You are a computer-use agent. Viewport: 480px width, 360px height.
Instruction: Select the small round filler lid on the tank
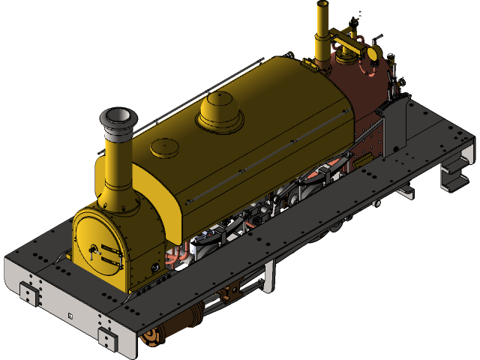point(164,148)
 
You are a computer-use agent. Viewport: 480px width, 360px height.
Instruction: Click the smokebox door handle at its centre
point(94,249)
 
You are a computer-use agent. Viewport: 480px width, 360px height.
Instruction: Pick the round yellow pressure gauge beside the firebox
point(372,54)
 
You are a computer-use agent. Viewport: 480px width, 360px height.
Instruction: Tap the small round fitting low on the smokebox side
point(154,266)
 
